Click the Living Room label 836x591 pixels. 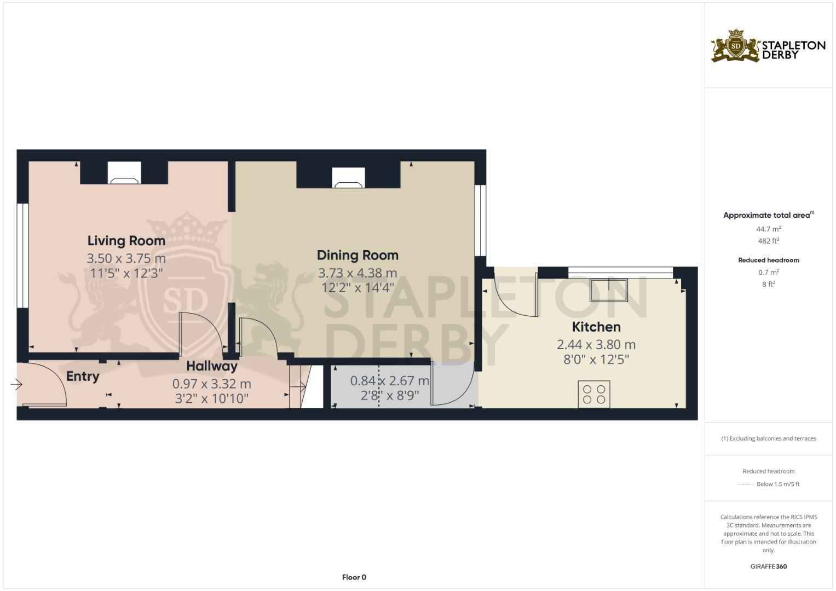(126, 241)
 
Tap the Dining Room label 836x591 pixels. (358, 255)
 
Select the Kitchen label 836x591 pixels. (596, 327)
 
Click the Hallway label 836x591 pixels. (212, 366)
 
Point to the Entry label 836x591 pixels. (83, 376)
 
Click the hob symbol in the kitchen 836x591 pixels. (594, 394)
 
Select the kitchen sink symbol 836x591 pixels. (608, 290)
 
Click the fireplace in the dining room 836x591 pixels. (348, 178)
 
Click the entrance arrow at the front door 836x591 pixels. (16, 385)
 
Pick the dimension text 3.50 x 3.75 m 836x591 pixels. (126, 258)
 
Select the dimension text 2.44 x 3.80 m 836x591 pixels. (596, 345)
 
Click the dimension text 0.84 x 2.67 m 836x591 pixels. (389, 380)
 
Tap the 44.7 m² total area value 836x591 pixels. (768, 229)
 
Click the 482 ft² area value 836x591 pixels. (768, 241)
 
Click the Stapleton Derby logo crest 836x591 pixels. (736, 46)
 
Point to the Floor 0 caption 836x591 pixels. (354, 577)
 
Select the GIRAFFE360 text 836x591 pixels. (768, 566)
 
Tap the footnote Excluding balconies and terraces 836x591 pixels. (768, 438)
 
